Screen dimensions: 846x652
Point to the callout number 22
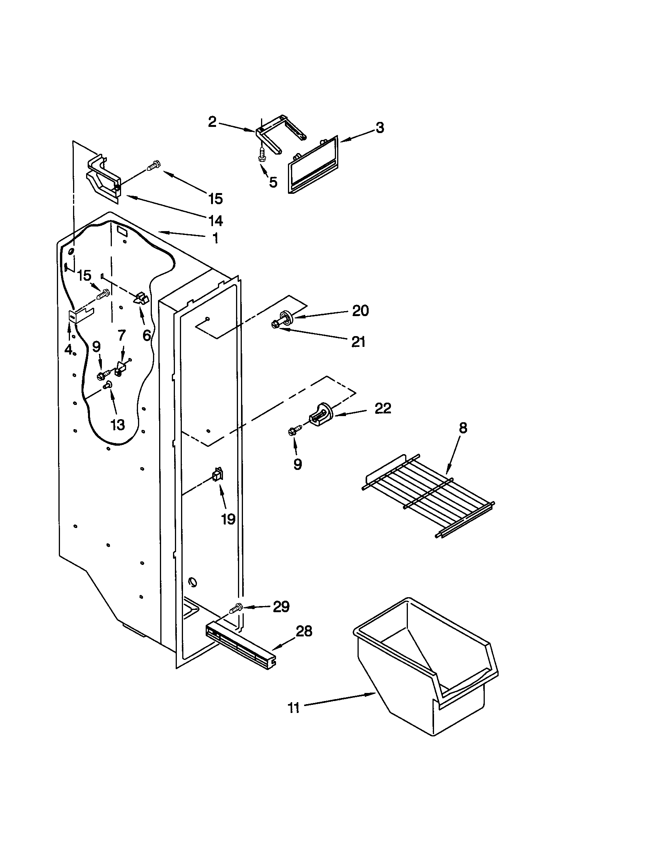point(383,408)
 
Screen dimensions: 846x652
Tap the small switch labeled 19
point(218,475)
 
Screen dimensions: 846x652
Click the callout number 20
point(360,311)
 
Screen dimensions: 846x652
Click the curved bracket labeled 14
point(102,178)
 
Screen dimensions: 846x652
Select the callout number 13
point(118,425)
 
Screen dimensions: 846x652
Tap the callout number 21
point(358,342)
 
